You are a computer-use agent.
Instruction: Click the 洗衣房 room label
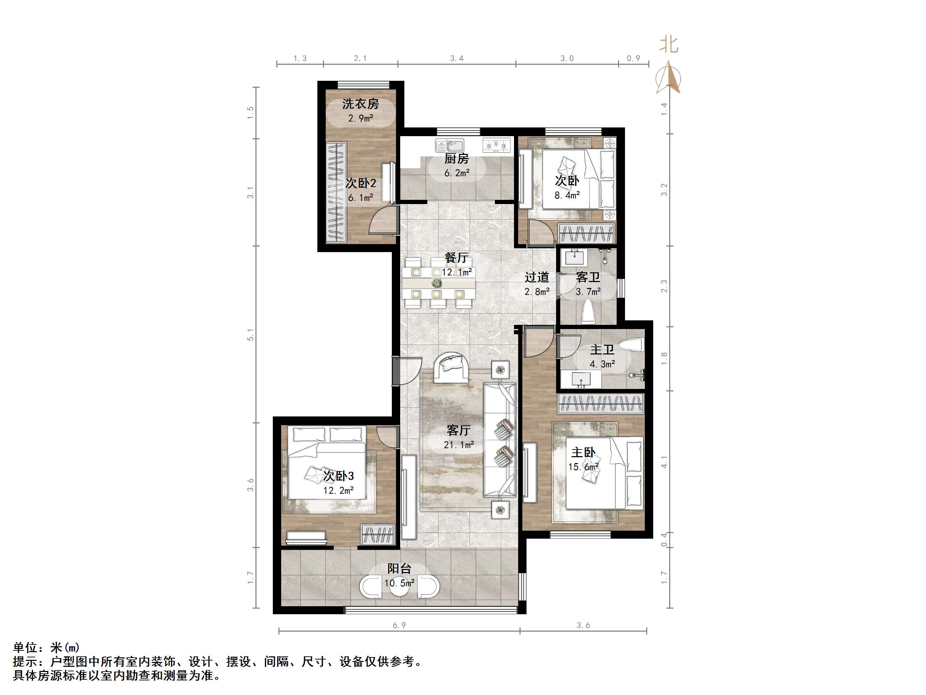[x=360, y=103]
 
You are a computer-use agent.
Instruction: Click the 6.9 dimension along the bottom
[x=399, y=625]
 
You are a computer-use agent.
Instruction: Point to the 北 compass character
[x=668, y=45]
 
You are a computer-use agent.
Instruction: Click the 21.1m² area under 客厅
[x=458, y=445]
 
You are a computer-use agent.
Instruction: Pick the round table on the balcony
[x=399, y=586]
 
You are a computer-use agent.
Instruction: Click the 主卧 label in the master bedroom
[x=583, y=452]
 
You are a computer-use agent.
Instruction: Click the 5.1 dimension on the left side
[x=250, y=335]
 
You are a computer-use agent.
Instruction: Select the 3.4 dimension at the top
[x=456, y=58]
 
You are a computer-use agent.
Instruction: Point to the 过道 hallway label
[x=537, y=277]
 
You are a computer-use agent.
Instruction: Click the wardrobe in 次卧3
[x=378, y=534]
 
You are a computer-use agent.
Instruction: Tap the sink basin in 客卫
[x=575, y=257]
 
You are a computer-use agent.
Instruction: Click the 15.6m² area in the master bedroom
[x=583, y=467]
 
